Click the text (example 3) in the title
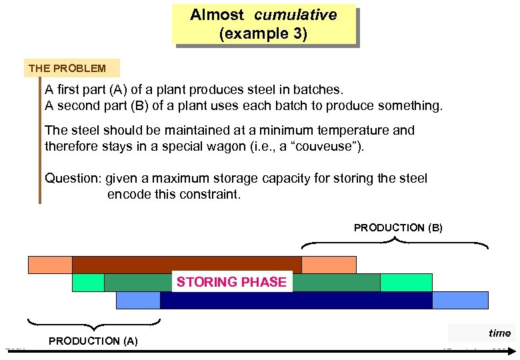263,34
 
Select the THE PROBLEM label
67,68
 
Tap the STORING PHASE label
231,282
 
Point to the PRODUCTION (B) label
398,228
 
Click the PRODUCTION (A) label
93,341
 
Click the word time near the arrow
499,333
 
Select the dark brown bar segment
187,265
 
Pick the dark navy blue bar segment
296,301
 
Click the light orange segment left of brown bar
50,265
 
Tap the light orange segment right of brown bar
329,265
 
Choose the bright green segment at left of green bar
88,283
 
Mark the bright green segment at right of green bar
406,283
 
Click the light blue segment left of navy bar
138,301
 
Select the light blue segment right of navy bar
460,301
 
